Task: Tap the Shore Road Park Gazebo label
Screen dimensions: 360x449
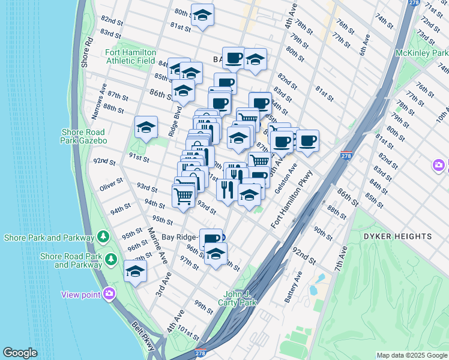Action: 83,136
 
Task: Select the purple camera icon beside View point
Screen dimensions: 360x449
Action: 109,293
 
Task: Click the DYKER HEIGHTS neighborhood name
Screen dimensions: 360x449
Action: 397,236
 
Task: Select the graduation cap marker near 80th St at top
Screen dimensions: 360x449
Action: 203,15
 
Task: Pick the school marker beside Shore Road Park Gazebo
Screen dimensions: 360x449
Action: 146,127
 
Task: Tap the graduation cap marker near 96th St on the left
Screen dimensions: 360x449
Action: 136,271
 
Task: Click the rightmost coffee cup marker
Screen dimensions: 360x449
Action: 308,141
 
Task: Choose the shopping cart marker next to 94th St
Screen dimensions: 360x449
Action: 183,194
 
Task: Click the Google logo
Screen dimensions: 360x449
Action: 20,353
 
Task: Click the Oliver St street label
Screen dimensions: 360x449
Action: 111,184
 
